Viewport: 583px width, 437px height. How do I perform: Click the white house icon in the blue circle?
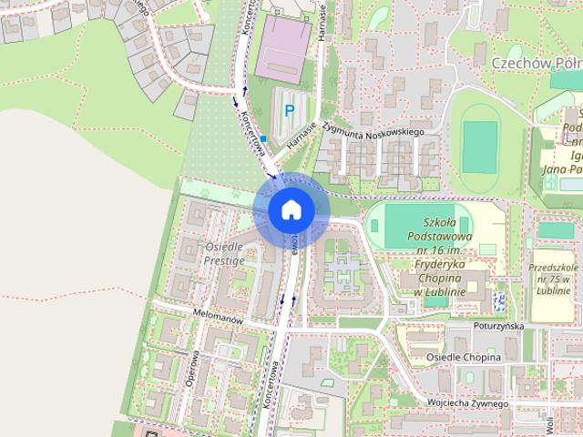coord(291,209)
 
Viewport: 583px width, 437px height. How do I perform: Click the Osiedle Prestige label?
coord(223,253)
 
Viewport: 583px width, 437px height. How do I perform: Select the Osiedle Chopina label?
coord(463,358)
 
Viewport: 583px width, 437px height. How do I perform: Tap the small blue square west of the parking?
coord(263,138)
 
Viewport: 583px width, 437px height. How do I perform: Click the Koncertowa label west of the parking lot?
coord(251,133)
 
